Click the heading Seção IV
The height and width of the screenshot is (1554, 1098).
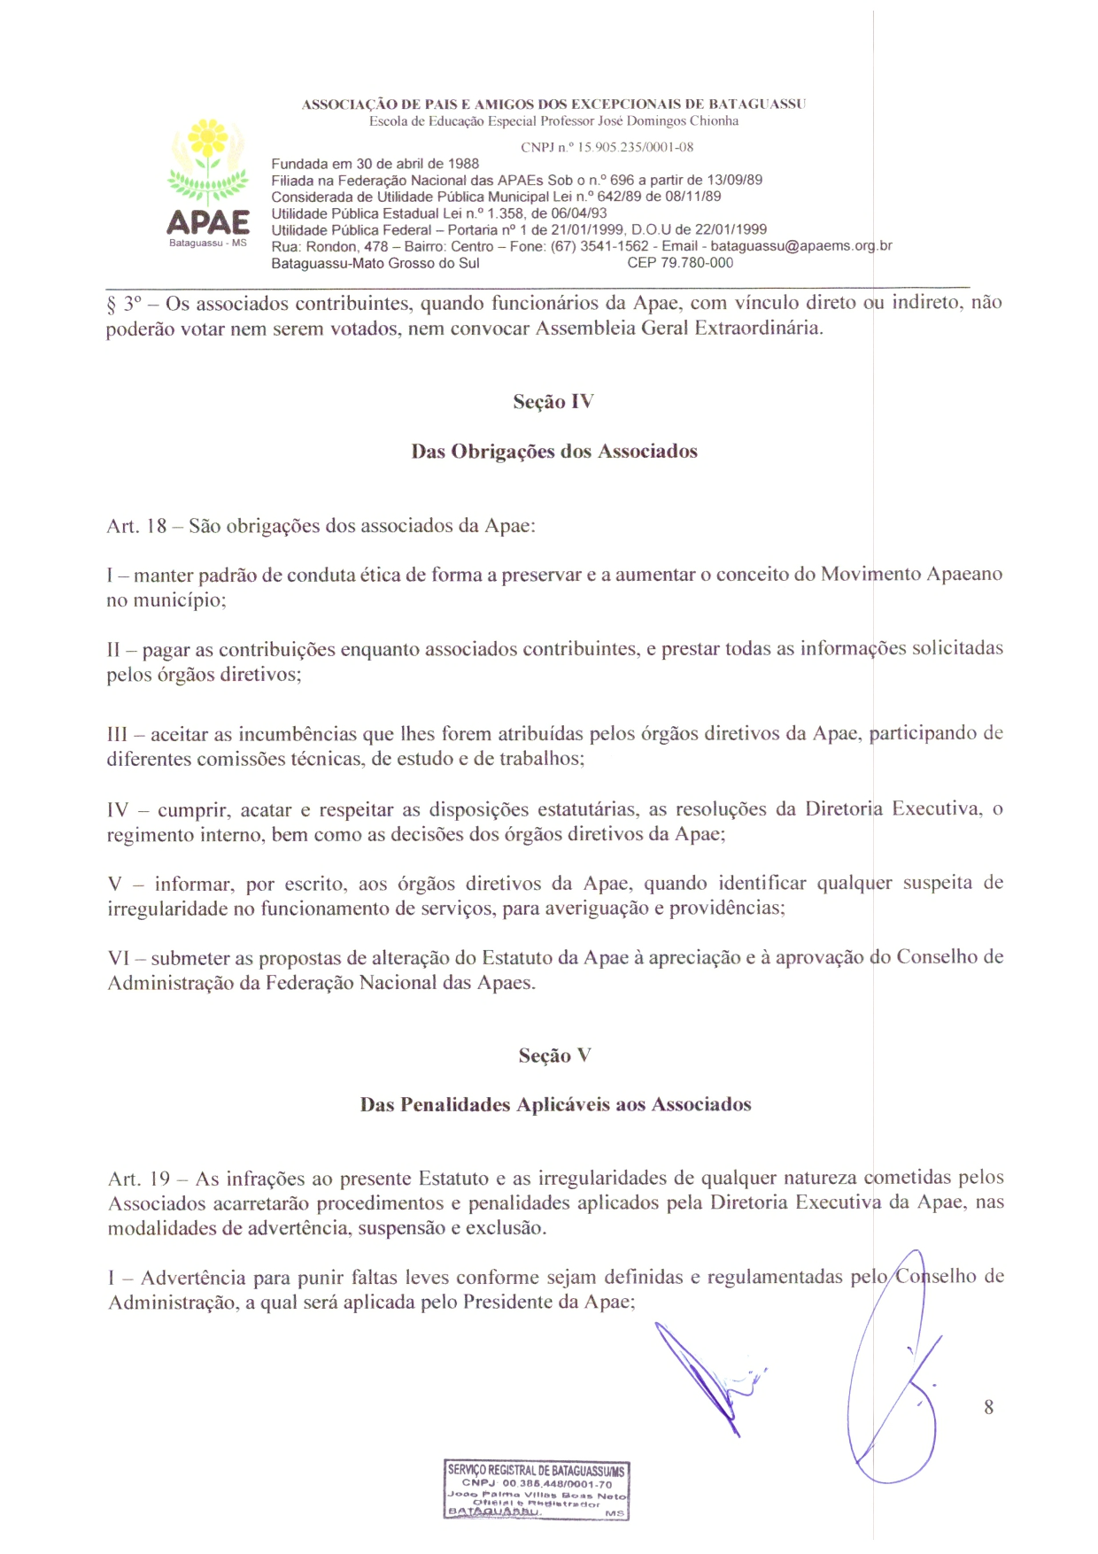point(553,402)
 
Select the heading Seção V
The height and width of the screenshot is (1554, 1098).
point(554,1055)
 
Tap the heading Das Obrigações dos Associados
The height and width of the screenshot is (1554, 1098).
point(554,452)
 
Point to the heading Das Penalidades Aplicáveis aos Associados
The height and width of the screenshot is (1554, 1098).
point(555,1105)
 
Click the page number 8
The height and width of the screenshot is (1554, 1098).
point(988,1407)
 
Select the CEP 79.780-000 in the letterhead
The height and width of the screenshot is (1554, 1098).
point(680,263)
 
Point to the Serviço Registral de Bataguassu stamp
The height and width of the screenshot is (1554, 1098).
point(537,1490)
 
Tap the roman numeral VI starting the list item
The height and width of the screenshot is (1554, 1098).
point(118,958)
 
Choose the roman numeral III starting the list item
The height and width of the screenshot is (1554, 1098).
point(117,734)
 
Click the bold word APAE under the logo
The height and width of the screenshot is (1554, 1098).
point(208,221)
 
